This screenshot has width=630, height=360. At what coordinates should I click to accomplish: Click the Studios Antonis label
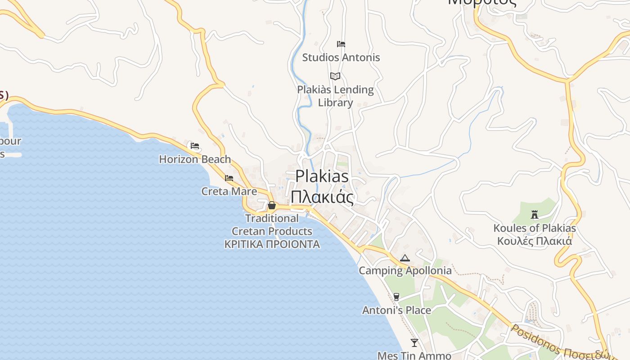(x=341, y=58)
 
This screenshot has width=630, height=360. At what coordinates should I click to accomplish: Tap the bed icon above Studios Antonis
(x=341, y=44)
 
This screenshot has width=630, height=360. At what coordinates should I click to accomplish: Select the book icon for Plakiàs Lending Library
(x=335, y=76)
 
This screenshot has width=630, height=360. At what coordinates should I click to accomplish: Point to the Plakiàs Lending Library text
(x=336, y=96)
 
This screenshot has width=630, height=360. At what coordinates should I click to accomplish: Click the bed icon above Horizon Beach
(x=195, y=146)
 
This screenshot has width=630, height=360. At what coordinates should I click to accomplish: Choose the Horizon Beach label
(x=195, y=159)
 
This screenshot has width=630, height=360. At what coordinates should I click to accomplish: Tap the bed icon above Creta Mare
(x=229, y=178)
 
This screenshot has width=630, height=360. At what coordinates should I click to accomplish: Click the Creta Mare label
(x=229, y=191)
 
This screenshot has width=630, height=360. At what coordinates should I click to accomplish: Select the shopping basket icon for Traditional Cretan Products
(x=272, y=205)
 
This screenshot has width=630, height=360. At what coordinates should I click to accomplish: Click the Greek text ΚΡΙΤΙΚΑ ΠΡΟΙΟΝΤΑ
(x=272, y=244)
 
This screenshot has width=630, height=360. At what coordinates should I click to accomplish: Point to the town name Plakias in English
(x=322, y=176)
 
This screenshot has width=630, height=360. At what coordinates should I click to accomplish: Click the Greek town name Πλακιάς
(x=322, y=197)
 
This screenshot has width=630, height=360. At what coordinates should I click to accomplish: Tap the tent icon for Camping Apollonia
(x=405, y=258)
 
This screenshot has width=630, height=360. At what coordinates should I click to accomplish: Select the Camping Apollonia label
(x=405, y=270)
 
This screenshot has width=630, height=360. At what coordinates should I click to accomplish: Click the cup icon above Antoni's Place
(x=396, y=297)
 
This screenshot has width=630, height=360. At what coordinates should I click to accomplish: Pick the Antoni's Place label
(x=396, y=310)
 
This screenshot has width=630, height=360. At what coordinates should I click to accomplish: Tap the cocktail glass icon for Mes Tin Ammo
(x=414, y=343)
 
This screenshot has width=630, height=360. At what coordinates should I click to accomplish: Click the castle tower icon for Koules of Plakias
(x=535, y=215)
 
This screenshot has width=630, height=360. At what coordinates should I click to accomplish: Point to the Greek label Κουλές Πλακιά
(x=535, y=241)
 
